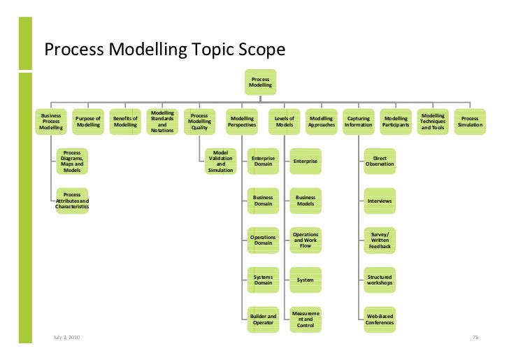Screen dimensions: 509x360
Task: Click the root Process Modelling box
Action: (260, 83)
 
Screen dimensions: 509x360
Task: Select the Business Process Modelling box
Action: (51, 122)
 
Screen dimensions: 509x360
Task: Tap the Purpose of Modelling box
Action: (88, 122)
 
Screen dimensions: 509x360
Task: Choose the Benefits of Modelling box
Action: (126, 122)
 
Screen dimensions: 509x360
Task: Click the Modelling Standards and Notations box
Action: (163, 122)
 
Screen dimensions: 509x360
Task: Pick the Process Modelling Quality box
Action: (199, 122)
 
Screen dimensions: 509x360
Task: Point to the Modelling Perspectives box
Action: (242, 122)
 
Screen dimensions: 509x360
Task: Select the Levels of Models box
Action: (285, 122)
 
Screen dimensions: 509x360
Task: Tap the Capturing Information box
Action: (359, 122)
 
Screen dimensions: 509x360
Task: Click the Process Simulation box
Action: (470, 122)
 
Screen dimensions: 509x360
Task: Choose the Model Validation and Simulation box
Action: (221, 161)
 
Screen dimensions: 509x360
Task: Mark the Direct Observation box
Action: (380, 161)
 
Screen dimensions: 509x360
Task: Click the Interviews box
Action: (380, 201)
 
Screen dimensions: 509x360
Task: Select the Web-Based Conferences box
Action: (380, 319)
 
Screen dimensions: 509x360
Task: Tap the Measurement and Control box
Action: (306, 319)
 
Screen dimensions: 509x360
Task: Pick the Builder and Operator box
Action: (264, 319)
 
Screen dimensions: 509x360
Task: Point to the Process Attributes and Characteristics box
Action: (72, 201)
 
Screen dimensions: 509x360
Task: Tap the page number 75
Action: (475, 338)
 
